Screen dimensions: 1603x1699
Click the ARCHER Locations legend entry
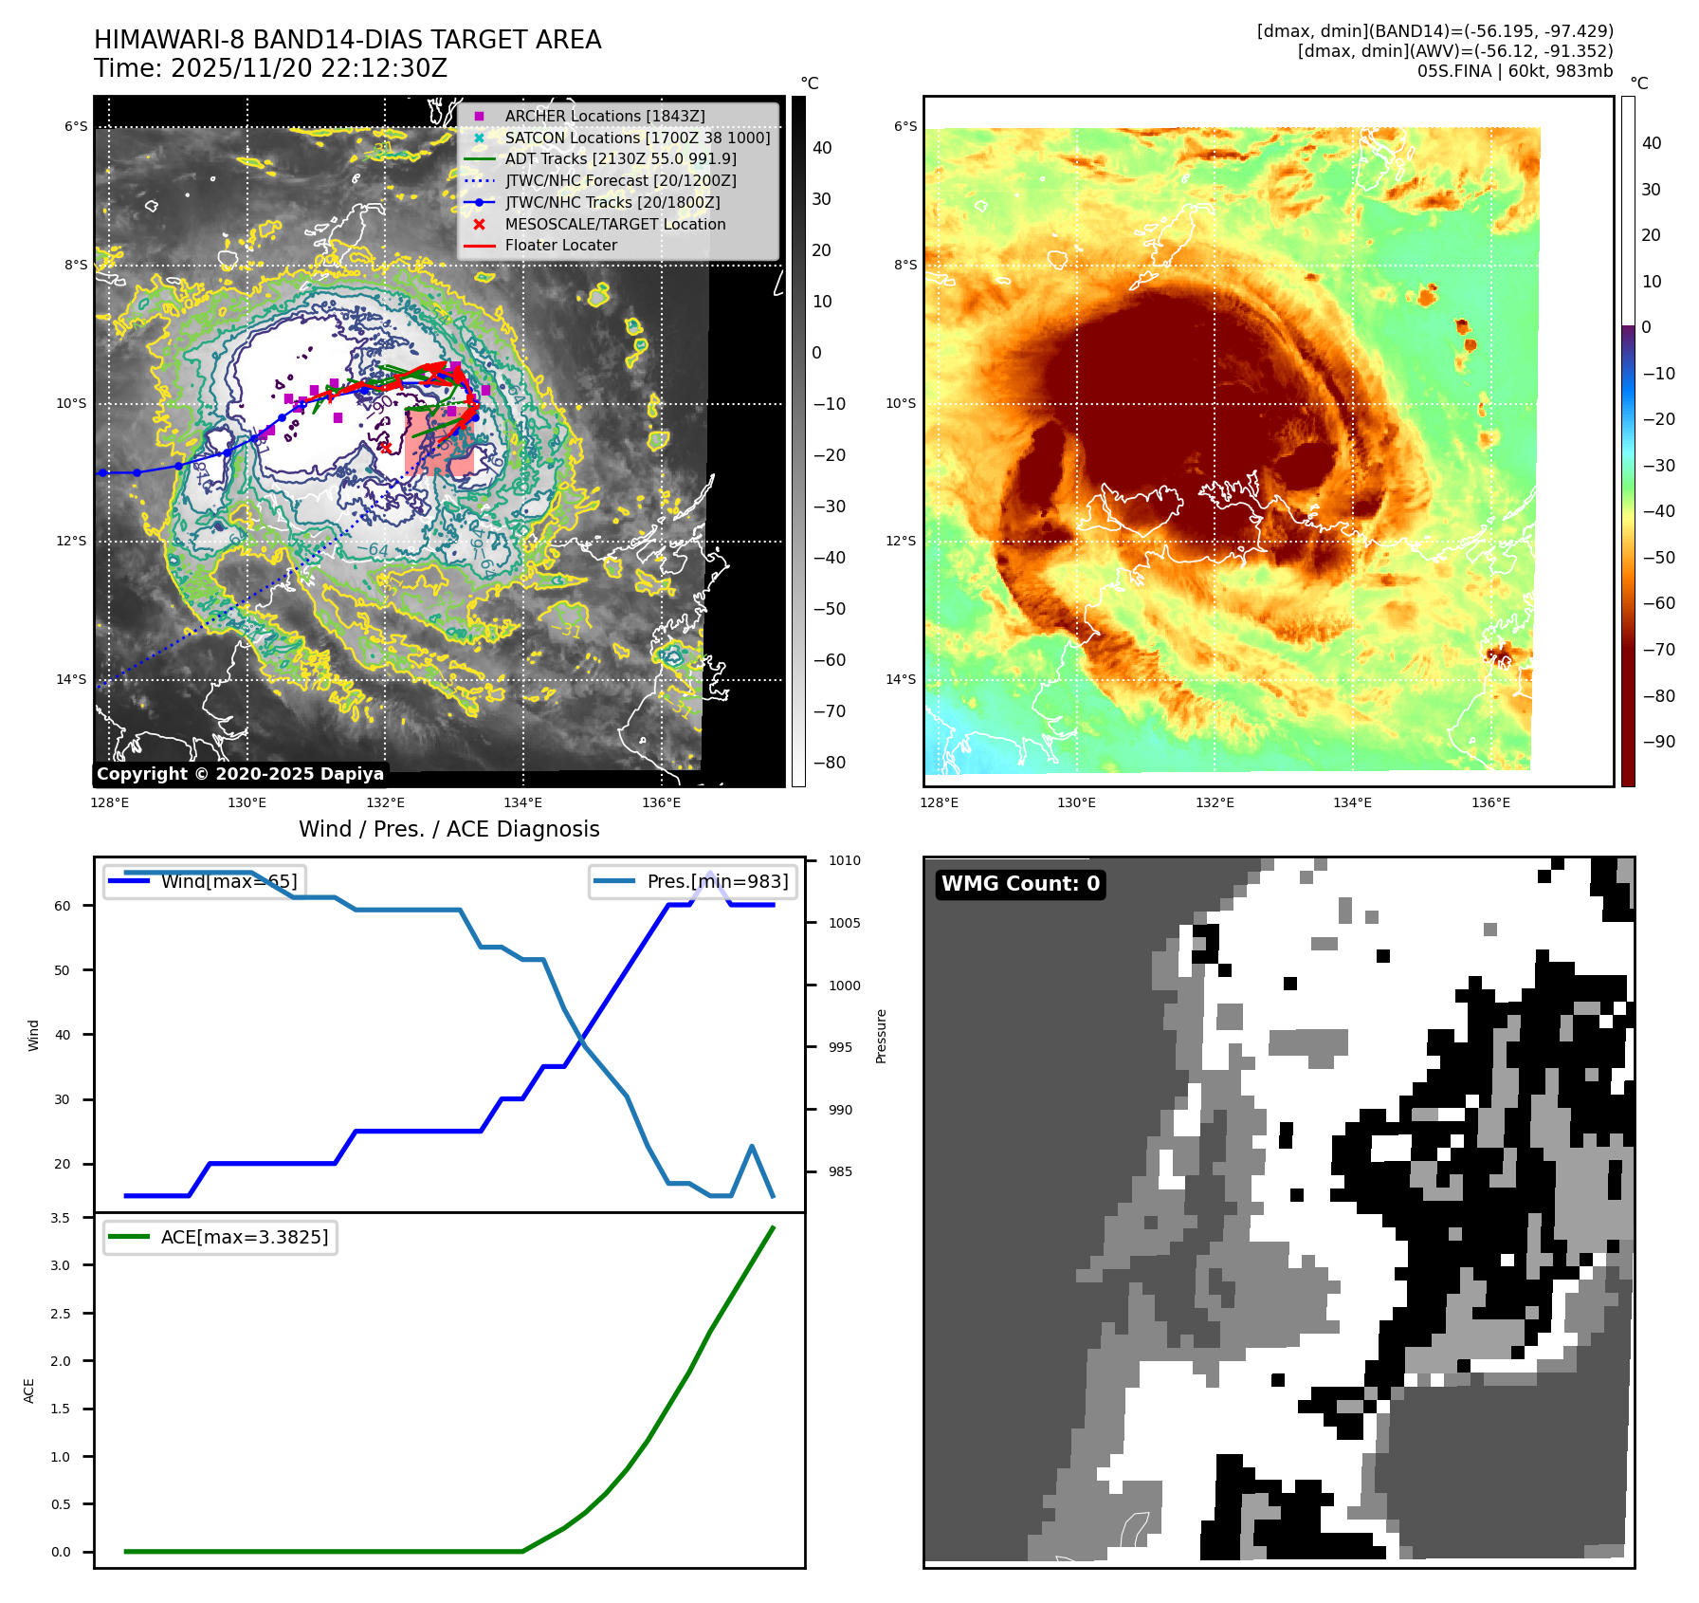click(604, 116)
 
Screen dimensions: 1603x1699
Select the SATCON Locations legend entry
click(636, 138)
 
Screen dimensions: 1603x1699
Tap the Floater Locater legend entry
click(560, 245)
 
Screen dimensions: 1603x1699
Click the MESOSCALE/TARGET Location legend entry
click(614, 224)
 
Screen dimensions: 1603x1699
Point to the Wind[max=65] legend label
click(228, 881)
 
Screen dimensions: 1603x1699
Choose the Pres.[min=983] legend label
click(717, 881)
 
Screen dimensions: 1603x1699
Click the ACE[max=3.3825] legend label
click(244, 1237)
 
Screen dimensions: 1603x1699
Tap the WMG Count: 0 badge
click(1020, 884)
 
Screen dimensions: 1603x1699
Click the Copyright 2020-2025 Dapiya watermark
click(240, 774)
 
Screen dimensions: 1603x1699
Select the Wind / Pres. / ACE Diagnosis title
click(448, 829)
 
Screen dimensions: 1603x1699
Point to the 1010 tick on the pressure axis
click(844, 861)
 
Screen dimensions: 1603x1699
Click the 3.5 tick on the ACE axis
click(60, 1218)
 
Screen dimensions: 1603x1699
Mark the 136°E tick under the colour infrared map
click(1489, 802)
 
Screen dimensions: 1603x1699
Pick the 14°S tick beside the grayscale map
click(70, 679)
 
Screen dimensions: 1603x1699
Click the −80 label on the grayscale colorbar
click(829, 763)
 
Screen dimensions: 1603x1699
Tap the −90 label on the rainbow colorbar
click(1658, 742)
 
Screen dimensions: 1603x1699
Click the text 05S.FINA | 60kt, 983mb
click(1514, 71)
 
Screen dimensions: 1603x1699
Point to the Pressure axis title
click(881, 1036)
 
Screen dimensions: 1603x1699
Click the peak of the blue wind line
click(710, 872)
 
